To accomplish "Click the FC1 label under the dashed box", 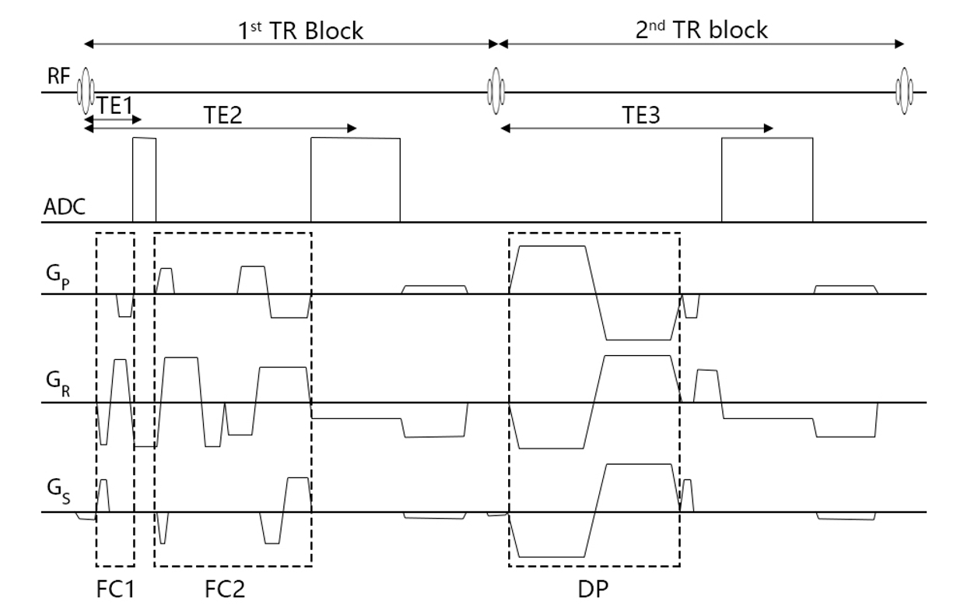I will pyautogui.click(x=114, y=590).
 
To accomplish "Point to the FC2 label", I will pyautogui.click(x=224, y=590).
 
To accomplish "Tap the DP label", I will pyautogui.click(x=594, y=590).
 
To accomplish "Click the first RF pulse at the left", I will pyautogui.click(x=85, y=92).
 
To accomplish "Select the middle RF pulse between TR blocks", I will pyautogui.click(x=493, y=92).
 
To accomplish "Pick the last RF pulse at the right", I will pyautogui.click(x=905, y=92).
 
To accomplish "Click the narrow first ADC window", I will pyautogui.click(x=144, y=179).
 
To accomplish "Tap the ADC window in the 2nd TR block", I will pyautogui.click(x=767, y=179).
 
